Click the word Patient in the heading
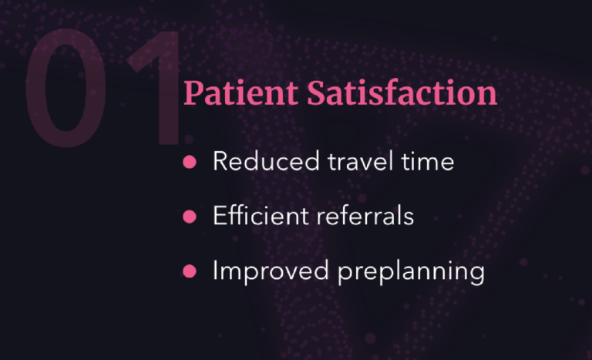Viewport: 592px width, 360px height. (240, 93)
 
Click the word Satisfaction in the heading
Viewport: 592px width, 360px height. (402, 93)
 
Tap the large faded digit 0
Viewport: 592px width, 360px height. (66, 87)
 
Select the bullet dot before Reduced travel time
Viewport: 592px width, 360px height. (190, 162)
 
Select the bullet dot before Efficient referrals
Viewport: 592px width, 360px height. (190, 217)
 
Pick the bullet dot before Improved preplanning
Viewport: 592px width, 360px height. (190, 271)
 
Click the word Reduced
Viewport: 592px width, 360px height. (266, 161)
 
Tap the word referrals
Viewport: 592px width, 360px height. (365, 216)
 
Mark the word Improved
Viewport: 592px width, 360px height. (271, 271)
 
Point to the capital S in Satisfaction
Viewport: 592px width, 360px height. (316, 93)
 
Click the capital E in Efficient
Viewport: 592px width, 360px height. (220, 216)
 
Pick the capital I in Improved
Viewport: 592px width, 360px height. (216, 271)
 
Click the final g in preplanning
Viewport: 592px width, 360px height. (477, 275)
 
